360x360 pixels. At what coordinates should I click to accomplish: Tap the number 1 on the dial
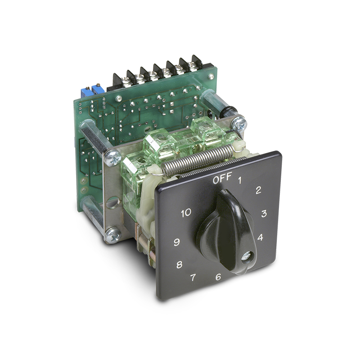pos(240,181)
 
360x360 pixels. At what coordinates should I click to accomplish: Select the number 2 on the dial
pos(258,190)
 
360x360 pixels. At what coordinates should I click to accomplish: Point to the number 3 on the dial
pos(264,213)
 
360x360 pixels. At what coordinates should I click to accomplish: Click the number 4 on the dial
pos(260,237)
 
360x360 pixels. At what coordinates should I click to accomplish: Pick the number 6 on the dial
pos(218,277)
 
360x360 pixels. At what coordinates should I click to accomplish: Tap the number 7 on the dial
pos(193,278)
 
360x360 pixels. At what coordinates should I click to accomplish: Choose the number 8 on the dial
pos(179,265)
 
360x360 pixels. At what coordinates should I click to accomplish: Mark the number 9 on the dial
pos(176,242)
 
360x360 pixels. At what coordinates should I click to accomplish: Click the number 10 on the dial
pos(186,213)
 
